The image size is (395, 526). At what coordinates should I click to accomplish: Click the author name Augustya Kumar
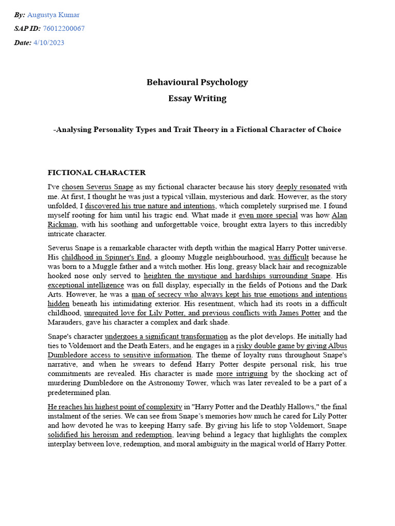tap(53, 15)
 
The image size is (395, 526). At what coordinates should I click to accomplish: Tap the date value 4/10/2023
tap(49, 43)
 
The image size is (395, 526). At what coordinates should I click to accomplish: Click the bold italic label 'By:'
tap(20, 15)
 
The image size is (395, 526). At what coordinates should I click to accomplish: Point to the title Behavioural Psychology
tap(197, 82)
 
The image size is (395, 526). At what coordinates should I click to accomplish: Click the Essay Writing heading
tap(197, 99)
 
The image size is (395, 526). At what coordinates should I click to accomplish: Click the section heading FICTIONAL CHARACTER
tap(97, 173)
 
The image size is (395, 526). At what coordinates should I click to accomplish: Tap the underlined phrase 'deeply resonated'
tap(303, 187)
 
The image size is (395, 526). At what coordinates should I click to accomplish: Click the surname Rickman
tap(62, 224)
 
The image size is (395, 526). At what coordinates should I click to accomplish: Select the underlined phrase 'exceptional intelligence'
tap(86, 285)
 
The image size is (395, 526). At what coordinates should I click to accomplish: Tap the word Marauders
tap(69, 322)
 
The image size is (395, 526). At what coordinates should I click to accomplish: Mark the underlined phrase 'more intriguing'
tap(242, 373)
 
